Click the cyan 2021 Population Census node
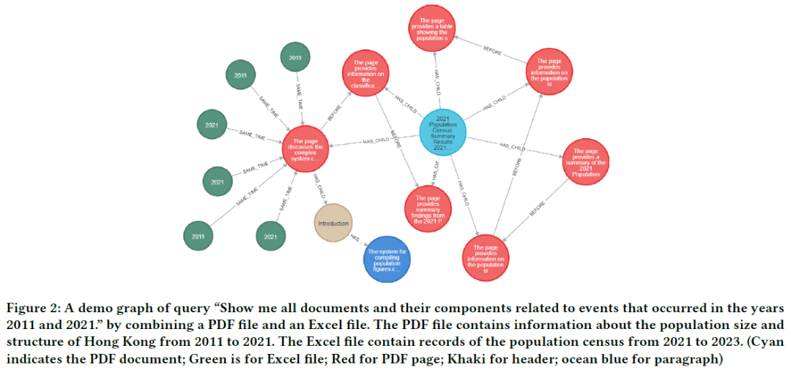442,132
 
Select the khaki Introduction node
334,222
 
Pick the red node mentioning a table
431,29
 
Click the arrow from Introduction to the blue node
357,239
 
